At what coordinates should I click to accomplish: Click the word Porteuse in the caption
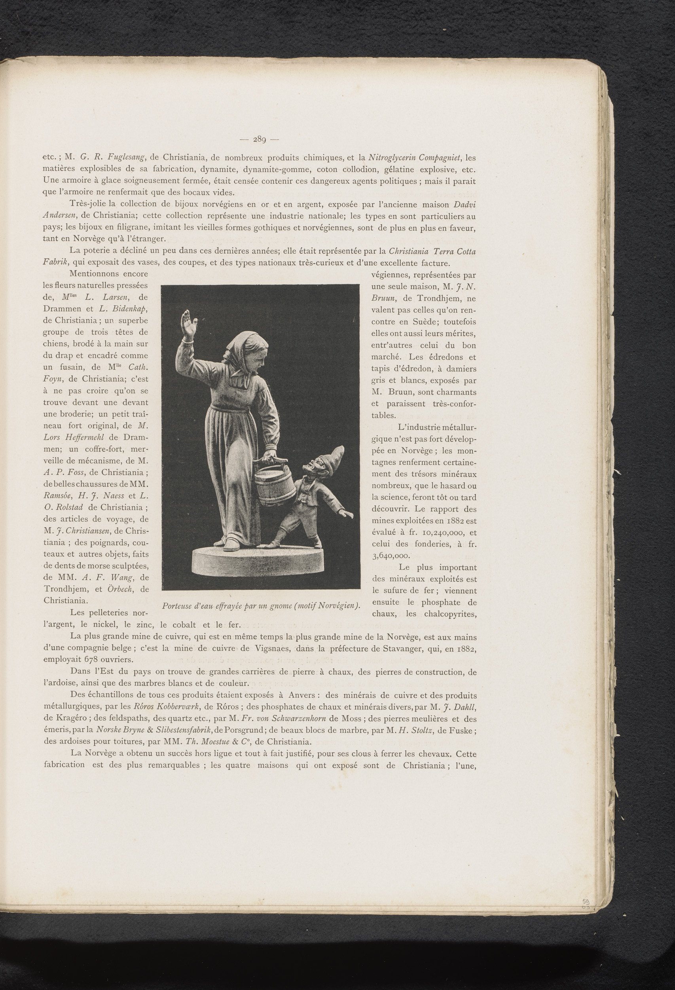(x=178, y=605)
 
